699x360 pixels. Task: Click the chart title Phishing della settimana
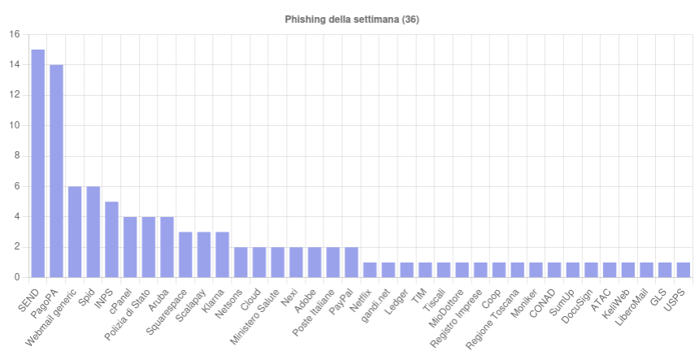click(x=352, y=20)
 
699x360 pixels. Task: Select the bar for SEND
click(x=38, y=163)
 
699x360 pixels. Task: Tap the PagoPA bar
click(x=56, y=171)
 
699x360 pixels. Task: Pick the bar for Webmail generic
click(x=75, y=232)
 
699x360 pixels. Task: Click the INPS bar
click(x=111, y=240)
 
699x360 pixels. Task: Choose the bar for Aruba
click(x=167, y=247)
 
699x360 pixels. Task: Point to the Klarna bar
click(x=222, y=255)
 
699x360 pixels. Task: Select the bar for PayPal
click(x=351, y=262)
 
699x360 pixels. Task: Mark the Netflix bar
click(x=370, y=270)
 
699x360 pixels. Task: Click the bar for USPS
click(x=684, y=270)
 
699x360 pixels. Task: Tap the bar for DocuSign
click(x=591, y=270)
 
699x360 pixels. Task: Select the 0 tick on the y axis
click(x=17, y=278)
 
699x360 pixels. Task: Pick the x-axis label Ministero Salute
click(x=255, y=317)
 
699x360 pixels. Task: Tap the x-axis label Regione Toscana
click(x=493, y=319)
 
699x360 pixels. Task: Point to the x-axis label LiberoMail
click(x=632, y=307)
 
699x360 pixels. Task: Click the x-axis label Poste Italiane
click(x=314, y=313)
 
